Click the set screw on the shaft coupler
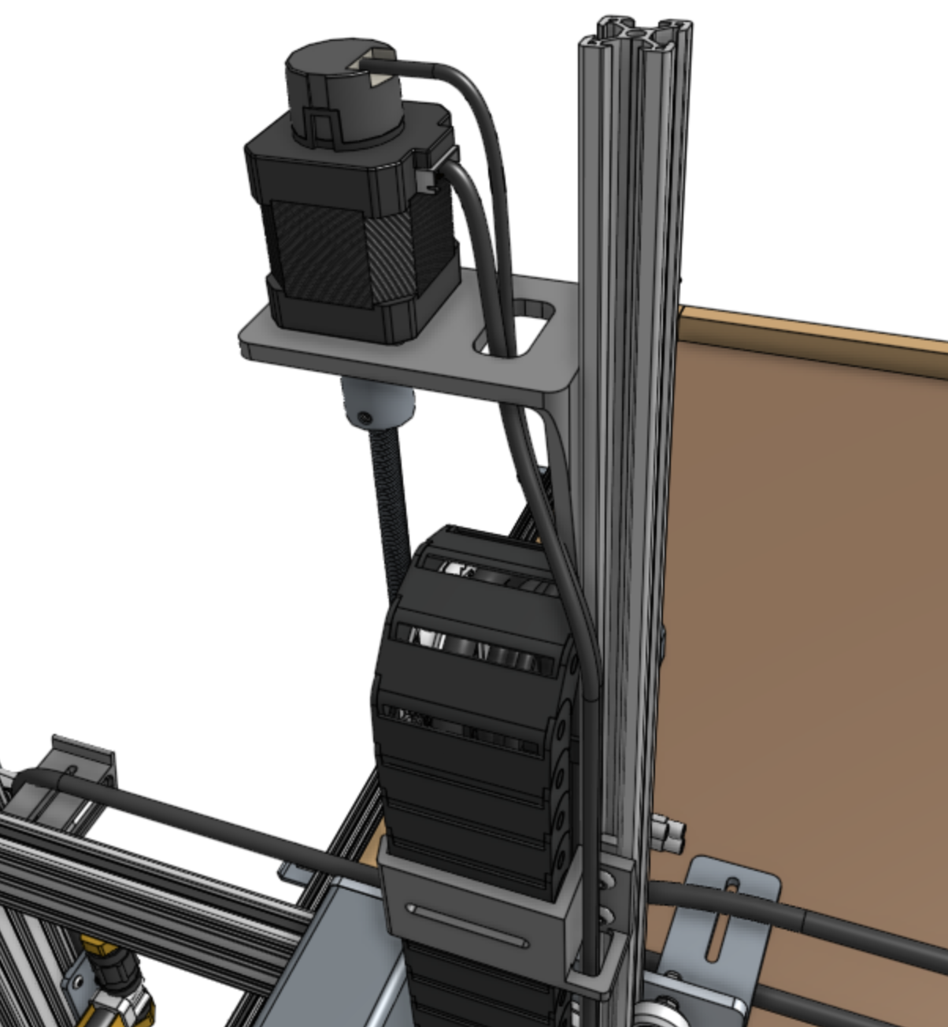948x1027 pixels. click(363, 417)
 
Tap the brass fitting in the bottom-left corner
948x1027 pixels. click(118, 992)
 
